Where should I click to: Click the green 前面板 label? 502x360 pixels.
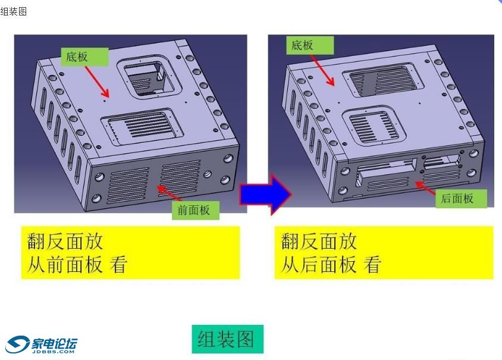click(195, 210)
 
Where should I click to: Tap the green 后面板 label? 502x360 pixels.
click(461, 198)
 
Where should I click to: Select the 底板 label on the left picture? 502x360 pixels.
click(84, 57)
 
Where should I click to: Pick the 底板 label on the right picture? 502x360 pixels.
click(310, 45)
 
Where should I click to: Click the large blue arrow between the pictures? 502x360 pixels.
click(266, 194)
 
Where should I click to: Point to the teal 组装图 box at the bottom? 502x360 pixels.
click(228, 339)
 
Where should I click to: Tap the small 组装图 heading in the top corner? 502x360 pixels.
click(14, 11)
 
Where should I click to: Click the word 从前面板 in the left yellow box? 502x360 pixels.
click(65, 265)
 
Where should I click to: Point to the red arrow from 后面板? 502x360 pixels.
click(425, 187)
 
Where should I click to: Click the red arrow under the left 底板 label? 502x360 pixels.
click(97, 82)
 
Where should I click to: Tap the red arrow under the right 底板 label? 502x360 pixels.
click(323, 70)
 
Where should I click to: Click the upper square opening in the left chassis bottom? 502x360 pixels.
click(149, 78)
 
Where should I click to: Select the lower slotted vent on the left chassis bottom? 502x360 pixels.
click(142, 126)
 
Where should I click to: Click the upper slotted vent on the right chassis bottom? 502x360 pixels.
click(383, 80)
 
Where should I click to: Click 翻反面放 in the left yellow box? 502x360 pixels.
click(65, 241)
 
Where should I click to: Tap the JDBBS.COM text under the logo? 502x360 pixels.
click(53, 351)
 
